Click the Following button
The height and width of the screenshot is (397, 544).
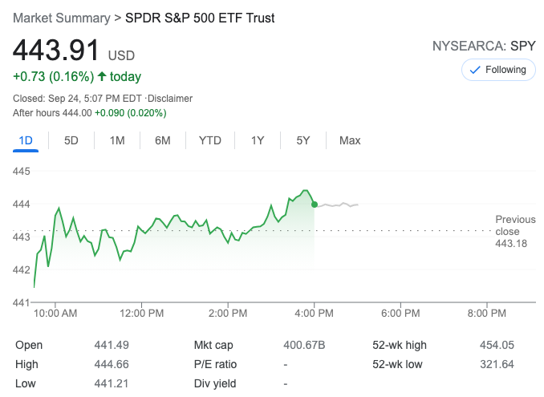tap(498, 70)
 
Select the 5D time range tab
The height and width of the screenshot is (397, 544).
tap(71, 140)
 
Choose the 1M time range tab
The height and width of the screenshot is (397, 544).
tap(117, 140)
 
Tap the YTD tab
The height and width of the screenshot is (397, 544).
tap(210, 140)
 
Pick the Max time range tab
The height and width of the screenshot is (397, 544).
tap(350, 140)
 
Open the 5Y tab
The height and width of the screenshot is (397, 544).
tap(302, 140)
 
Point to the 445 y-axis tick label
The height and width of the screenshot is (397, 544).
tap(21, 172)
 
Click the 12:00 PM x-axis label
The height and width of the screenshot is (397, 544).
tap(141, 313)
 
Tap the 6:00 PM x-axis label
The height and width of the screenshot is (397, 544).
tap(400, 313)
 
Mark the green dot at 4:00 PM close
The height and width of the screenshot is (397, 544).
tap(314, 205)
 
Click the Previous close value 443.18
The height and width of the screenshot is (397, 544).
tap(511, 243)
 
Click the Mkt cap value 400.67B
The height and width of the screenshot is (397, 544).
tap(304, 345)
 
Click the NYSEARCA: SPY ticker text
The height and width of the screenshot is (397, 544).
tap(484, 46)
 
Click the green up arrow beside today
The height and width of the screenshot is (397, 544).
tap(101, 77)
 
